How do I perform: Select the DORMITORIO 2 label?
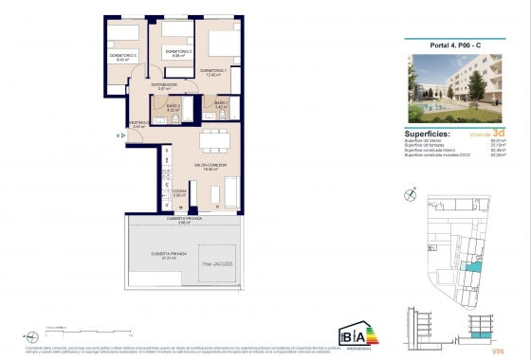pos(178,52)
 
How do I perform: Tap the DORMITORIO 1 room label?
pos(212,72)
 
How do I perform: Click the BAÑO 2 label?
pos(173,107)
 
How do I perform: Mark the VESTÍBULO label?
pos(138,124)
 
